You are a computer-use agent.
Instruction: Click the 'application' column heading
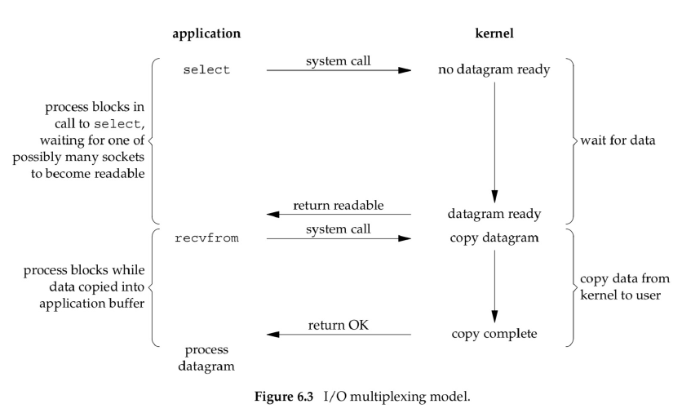pyautogui.click(x=206, y=34)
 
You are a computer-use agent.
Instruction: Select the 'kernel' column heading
pyautogui.click(x=494, y=33)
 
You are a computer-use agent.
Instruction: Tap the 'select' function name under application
pyautogui.click(x=206, y=69)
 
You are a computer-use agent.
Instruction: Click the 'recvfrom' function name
pyautogui.click(x=206, y=238)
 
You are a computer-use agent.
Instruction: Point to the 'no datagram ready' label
pyautogui.click(x=494, y=69)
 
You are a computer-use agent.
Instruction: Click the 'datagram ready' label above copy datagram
pyautogui.click(x=494, y=214)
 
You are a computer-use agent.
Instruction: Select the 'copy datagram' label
pyautogui.click(x=494, y=238)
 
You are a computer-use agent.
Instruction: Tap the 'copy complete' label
pyautogui.click(x=494, y=334)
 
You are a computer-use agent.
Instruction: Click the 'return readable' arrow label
pyautogui.click(x=339, y=206)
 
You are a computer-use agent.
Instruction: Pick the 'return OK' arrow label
pyautogui.click(x=339, y=325)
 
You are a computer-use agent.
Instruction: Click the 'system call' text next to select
pyautogui.click(x=339, y=61)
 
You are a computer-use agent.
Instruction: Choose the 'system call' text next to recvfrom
pyautogui.click(x=339, y=229)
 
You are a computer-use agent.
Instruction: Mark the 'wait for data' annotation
pyautogui.click(x=618, y=140)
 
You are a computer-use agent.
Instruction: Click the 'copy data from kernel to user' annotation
pyautogui.click(x=625, y=286)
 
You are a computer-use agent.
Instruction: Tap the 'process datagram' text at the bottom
pyautogui.click(x=206, y=358)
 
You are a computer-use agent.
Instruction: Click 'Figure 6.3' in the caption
pyautogui.click(x=284, y=397)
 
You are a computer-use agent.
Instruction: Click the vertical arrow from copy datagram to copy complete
pyautogui.click(x=494, y=286)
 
